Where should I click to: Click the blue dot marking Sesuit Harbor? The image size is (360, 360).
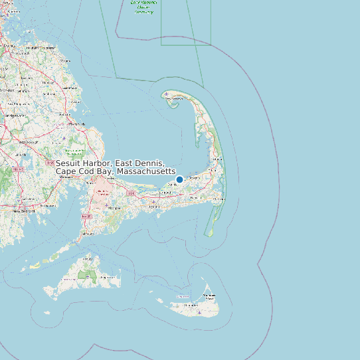click(x=179, y=179)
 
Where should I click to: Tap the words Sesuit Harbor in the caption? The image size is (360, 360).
click(x=84, y=163)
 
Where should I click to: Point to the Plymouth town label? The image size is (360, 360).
click(x=77, y=124)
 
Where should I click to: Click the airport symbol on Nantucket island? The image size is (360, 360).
click(x=199, y=312)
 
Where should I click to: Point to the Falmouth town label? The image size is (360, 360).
click(x=86, y=234)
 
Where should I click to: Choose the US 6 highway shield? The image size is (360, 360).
click(x=132, y=194)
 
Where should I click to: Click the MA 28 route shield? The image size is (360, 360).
click(x=85, y=217)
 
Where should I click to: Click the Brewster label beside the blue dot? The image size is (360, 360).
click(x=194, y=177)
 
